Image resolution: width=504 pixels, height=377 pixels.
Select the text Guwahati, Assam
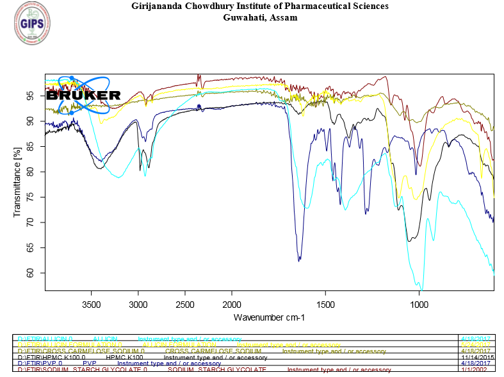tap(259, 17)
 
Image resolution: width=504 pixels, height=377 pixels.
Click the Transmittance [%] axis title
tap(17, 182)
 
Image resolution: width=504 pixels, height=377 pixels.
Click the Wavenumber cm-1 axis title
tap(269, 317)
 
